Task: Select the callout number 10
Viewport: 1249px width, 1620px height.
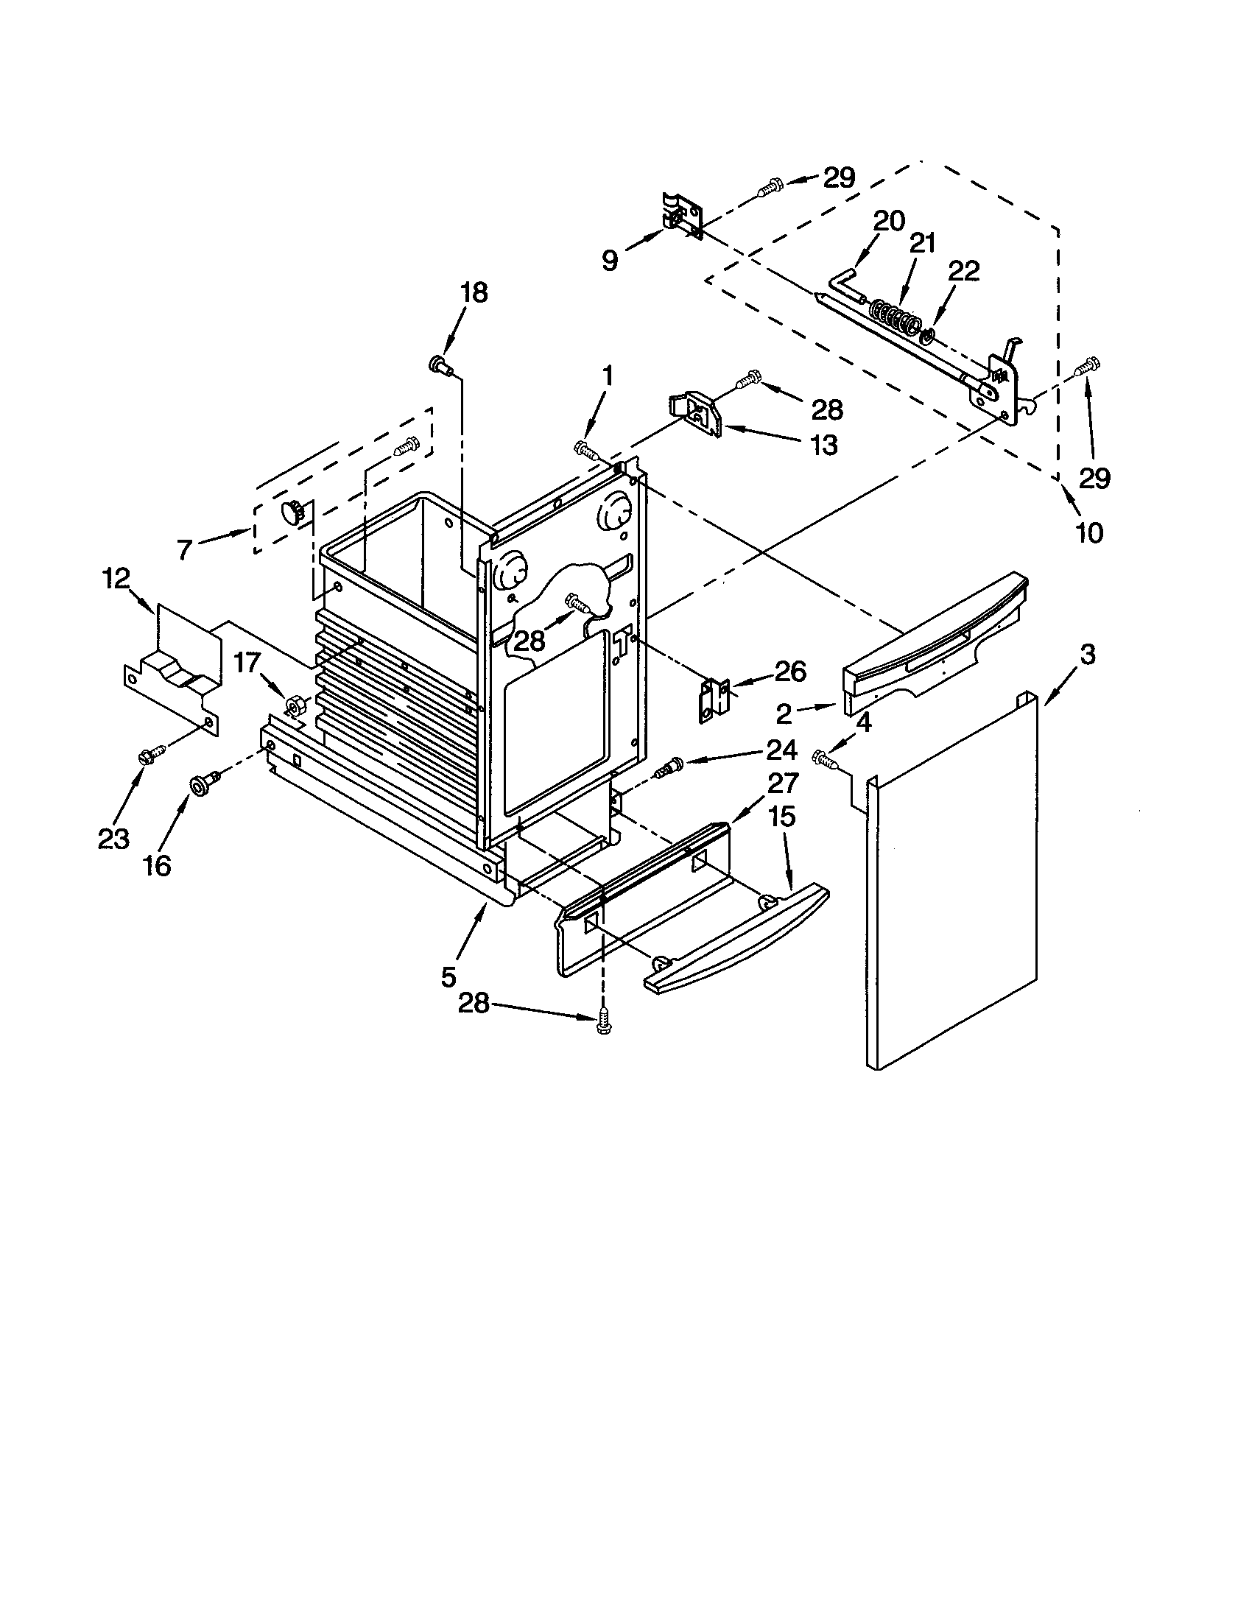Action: click(x=1088, y=532)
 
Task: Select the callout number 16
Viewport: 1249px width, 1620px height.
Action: click(x=158, y=864)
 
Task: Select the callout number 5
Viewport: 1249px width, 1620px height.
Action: click(x=448, y=977)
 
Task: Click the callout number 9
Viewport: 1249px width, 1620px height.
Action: click(x=609, y=261)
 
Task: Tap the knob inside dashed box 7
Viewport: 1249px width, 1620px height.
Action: click(x=292, y=512)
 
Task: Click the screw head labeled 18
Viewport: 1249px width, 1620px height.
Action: click(x=438, y=364)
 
